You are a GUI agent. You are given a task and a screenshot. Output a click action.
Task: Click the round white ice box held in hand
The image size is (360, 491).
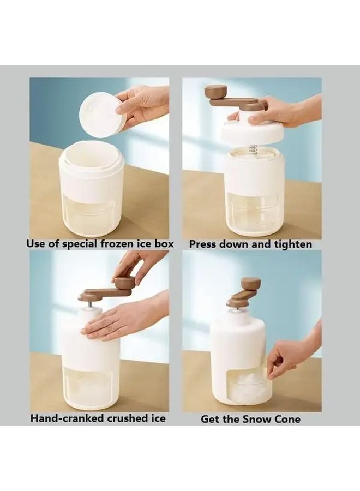coord(103,115)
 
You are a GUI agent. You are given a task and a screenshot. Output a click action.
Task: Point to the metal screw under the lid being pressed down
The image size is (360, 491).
coord(253,149)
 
